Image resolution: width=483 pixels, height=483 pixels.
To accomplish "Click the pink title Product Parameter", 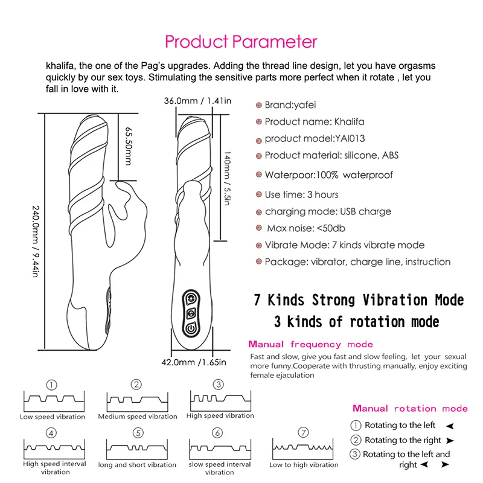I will click(x=241, y=42).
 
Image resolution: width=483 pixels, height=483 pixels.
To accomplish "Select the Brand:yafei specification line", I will click(x=286, y=105).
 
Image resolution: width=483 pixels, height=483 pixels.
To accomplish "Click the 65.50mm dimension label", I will click(x=127, y=146).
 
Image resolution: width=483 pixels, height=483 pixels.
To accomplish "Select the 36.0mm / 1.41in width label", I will click(x=198, y=101).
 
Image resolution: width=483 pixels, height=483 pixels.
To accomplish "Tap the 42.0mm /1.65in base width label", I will click(x=197, y=362).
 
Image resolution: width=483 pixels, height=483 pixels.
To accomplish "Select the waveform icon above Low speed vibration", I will click(x=52, y=401).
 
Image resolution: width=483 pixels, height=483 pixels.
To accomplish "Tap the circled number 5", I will click(x=138, y=433).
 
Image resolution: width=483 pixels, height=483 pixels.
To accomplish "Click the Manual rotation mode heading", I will click(x=410, y=409).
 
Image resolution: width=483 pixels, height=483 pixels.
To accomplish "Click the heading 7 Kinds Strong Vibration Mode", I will click(x=357, y=300).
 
